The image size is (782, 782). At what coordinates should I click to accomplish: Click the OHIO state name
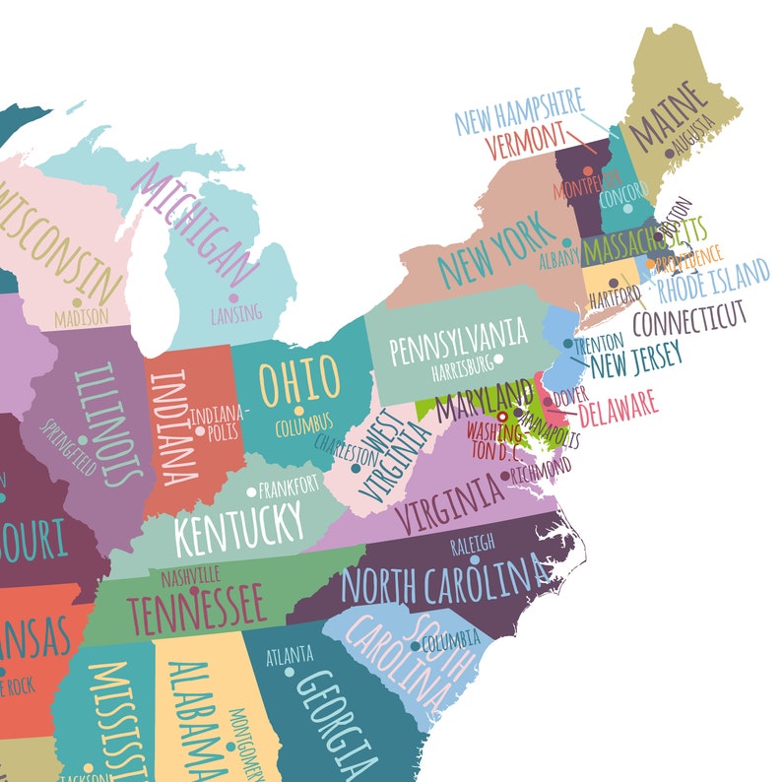(299, 378)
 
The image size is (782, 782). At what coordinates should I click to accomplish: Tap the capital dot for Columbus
(297, 411)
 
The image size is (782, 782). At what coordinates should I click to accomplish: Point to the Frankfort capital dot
(252, 489)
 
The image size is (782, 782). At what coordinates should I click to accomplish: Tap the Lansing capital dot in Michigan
(233, 297)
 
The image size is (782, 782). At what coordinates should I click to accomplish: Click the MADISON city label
(83, 318)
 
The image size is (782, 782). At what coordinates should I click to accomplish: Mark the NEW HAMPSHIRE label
(519, 111)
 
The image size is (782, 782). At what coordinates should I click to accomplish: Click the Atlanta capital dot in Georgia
(290, 672)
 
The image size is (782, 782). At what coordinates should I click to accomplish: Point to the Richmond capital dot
(506, 477)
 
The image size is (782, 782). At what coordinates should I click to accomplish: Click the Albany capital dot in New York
(567, 242)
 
